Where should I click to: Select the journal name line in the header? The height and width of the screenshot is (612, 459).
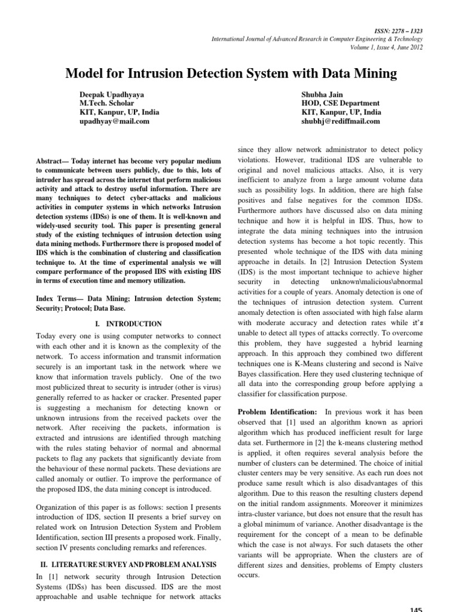coord(317,38)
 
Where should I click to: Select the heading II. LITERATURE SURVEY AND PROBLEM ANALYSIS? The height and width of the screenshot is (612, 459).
coord(125,564)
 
